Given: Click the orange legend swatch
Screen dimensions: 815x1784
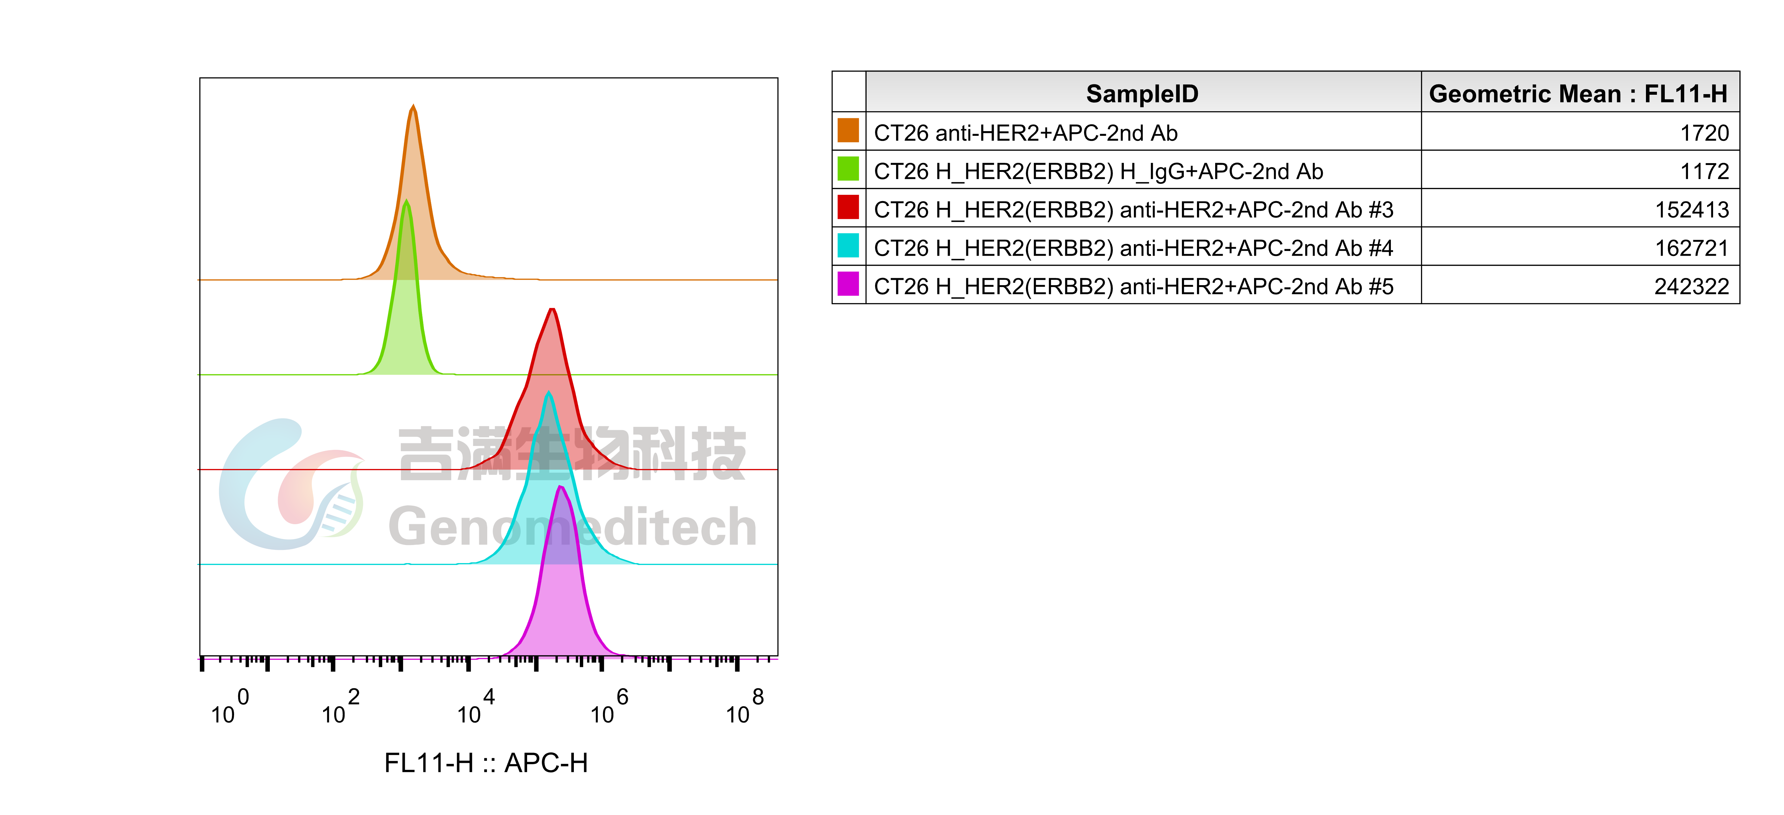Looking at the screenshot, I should [848, 130].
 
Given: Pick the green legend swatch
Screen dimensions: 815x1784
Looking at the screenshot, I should [848, 168].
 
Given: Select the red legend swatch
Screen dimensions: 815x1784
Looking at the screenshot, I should [848, 207].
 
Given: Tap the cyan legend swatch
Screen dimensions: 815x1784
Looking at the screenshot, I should [848, 245].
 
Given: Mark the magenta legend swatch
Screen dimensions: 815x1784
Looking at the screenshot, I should [848, 283].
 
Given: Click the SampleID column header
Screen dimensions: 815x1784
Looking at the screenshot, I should [1142, 93].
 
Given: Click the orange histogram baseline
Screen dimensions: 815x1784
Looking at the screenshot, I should [623, 280].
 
